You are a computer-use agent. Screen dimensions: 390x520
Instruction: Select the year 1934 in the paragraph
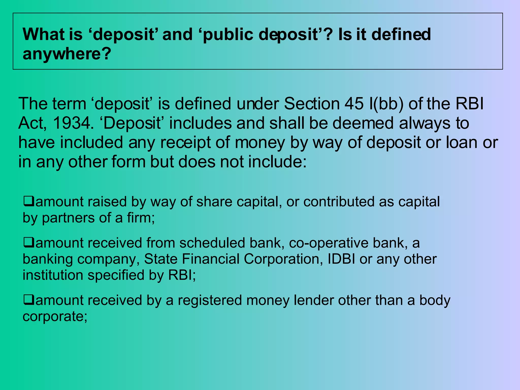[x=72, y=123]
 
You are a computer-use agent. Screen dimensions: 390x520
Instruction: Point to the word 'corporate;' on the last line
[x=55, y=316]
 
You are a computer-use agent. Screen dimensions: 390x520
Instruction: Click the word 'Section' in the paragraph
[x=312, y=104]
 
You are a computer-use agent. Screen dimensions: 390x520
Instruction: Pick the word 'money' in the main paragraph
[x=260, y=142]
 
